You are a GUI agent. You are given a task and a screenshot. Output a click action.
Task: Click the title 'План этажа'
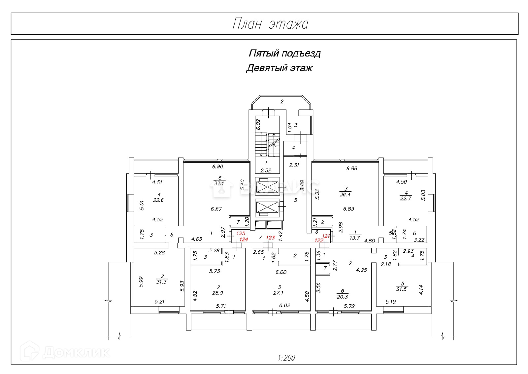[270, 24]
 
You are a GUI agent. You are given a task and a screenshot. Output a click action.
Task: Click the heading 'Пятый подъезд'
[284, 53]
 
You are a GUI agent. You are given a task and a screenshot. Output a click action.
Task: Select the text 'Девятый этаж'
[279, 68]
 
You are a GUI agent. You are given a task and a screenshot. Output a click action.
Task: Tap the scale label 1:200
[286, 358]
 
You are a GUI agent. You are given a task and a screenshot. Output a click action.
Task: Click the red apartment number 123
[270, 238]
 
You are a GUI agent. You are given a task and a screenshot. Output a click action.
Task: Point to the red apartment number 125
[241, 233]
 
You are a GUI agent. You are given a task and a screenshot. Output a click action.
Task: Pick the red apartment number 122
[319, 240]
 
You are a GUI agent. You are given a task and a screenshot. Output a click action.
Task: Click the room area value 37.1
[219, 183]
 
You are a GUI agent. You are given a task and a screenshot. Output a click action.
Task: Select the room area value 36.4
[345, 195]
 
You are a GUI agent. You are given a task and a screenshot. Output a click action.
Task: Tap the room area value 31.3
[162, 282]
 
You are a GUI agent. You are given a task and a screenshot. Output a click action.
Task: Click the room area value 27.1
[279, 293]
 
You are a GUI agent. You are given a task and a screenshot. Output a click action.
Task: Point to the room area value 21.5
[402, 289]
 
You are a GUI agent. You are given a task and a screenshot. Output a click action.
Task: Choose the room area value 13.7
[355, 238]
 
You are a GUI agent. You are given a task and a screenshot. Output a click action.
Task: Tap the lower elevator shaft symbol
[267, 208]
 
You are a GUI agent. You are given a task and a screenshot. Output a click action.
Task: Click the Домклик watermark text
[76, 352]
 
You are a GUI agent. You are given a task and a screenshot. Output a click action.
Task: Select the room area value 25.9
[218, 293]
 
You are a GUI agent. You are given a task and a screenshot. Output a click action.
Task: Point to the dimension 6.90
[217, 167]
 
